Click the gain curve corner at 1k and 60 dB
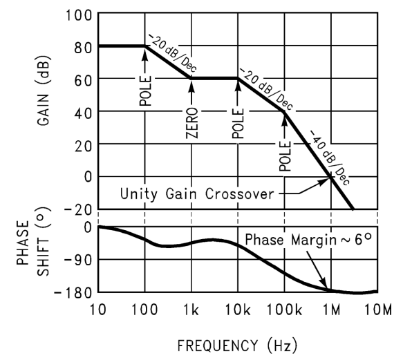[x=192, y=79]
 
